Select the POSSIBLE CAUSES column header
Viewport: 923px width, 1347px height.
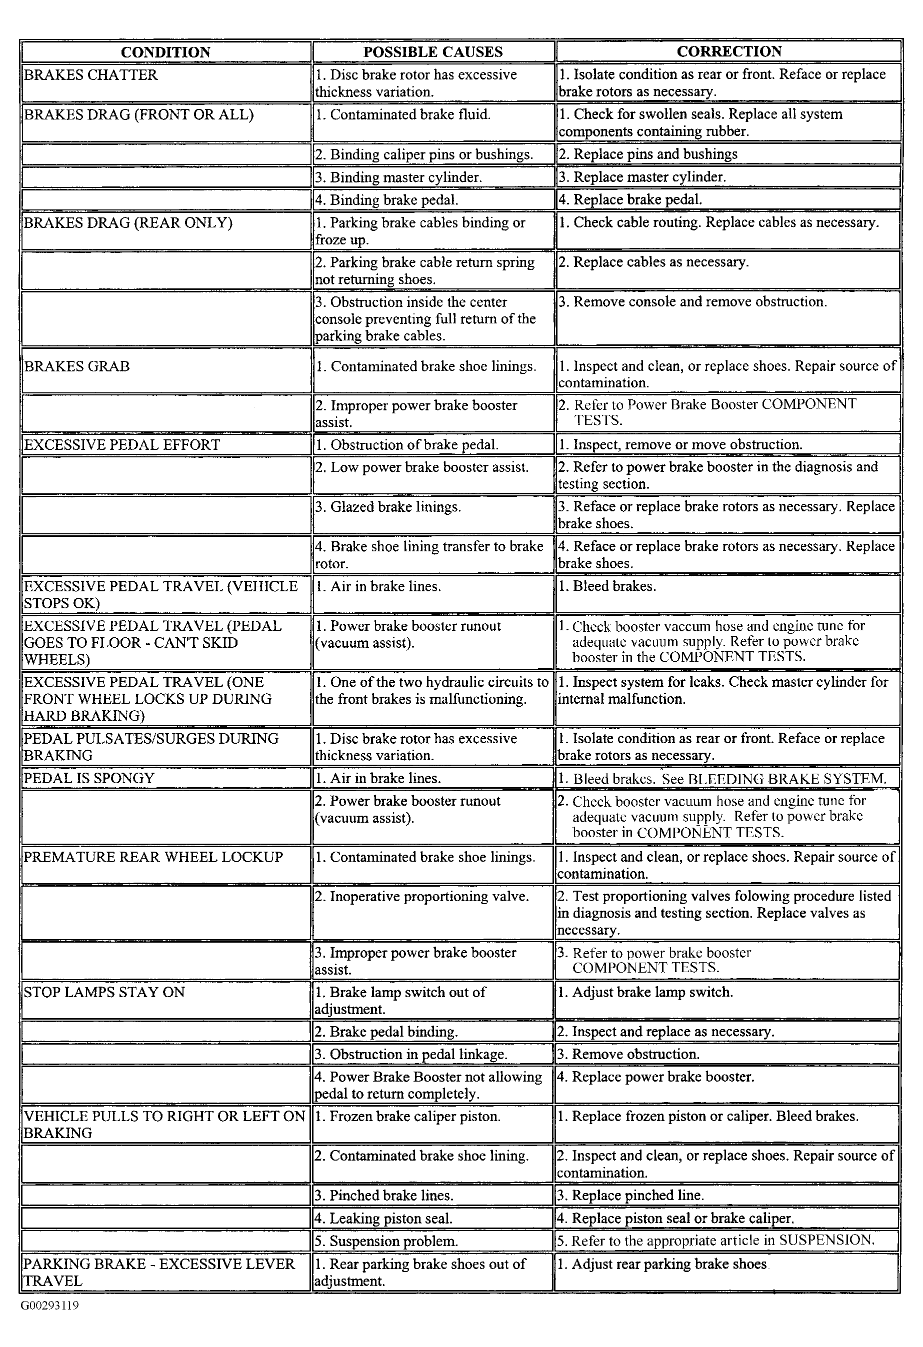[x=432, y=52]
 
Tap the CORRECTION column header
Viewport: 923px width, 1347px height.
[x=729, y=51]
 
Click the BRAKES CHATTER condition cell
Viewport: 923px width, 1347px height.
[x=91, y=75]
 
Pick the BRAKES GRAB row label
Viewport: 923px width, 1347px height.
[x=76, y=366]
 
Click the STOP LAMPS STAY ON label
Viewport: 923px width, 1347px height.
[x=104, y=992]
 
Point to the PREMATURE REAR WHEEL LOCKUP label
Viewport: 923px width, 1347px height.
[x=153, y=857]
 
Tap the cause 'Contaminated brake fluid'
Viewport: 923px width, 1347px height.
[x=403, y=115]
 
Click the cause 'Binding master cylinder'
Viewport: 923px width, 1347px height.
[x=398, y=177]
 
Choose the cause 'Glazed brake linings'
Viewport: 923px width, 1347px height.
[x=388, y=507]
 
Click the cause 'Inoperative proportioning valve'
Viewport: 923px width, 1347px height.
[x=421, y=896]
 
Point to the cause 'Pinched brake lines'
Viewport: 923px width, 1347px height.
[x=384, y=1195]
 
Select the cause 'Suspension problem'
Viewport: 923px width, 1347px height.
[x=386, y=1241]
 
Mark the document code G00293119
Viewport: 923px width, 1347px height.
[x=50, y=1306]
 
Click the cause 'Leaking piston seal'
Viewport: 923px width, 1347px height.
[x=383, y=1219]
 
